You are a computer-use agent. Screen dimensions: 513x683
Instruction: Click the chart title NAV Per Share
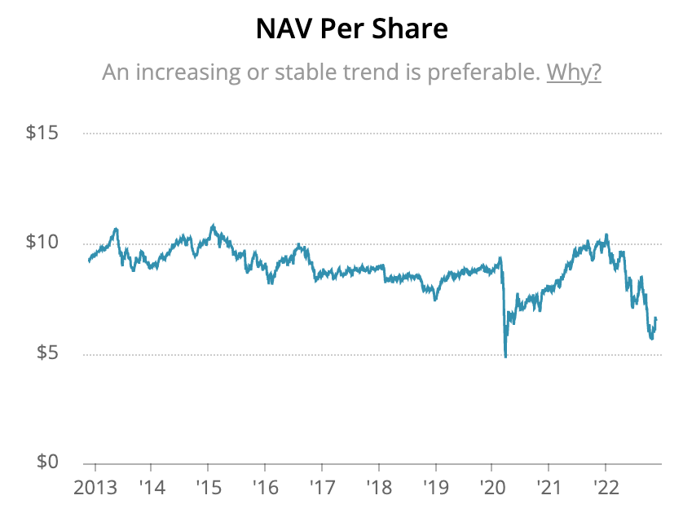351,30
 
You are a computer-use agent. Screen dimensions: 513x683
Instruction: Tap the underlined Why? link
574,72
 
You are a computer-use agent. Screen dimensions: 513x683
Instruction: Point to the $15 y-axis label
42,133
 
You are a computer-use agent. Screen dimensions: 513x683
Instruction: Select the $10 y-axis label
42,243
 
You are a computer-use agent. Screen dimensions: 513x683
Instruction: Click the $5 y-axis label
47,355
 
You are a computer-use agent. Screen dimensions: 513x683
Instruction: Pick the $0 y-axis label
47,462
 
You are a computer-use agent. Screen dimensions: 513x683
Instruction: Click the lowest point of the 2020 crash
506,357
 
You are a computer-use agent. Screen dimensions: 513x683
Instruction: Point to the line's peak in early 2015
214,225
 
